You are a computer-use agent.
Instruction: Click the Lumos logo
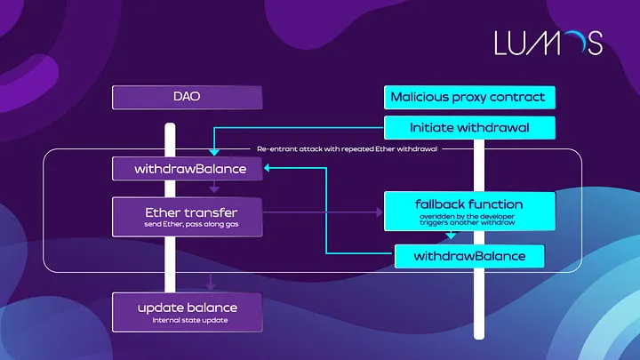pyautogui.click(x=548, y=42)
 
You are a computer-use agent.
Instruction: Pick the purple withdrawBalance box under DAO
pyautogui.click(x=188, y=168)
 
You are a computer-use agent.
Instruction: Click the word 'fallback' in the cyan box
pyautogui.click(x=436, y=204)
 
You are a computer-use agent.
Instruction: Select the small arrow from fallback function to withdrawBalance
pyautogui.click(x=452, y=236)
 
